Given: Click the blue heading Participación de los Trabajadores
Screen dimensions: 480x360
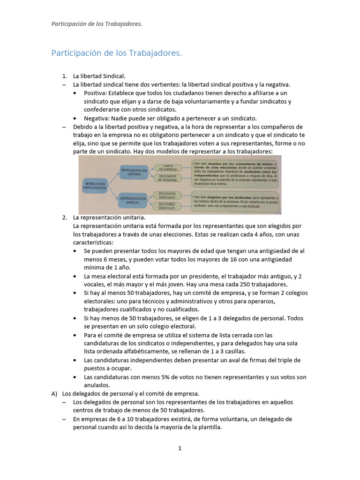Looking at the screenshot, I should [116, 53].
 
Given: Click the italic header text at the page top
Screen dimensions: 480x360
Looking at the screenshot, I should [97, 24].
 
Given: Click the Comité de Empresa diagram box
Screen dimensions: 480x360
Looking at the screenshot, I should [167, 166].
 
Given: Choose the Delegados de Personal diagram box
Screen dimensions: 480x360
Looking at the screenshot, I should [167, 178].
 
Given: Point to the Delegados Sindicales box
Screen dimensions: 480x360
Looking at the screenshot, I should [167, 195].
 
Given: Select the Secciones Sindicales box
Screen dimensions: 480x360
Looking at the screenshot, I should [167, 207].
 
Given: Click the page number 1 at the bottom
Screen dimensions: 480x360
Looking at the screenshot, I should [180, 448].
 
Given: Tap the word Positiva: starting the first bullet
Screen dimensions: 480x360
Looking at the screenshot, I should [97, 93].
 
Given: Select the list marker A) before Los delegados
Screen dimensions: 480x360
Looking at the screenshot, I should [54, 394].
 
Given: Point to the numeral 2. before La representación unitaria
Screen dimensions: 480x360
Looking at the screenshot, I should [65, 217].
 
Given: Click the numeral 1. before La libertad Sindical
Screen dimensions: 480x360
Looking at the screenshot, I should [65, 76].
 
